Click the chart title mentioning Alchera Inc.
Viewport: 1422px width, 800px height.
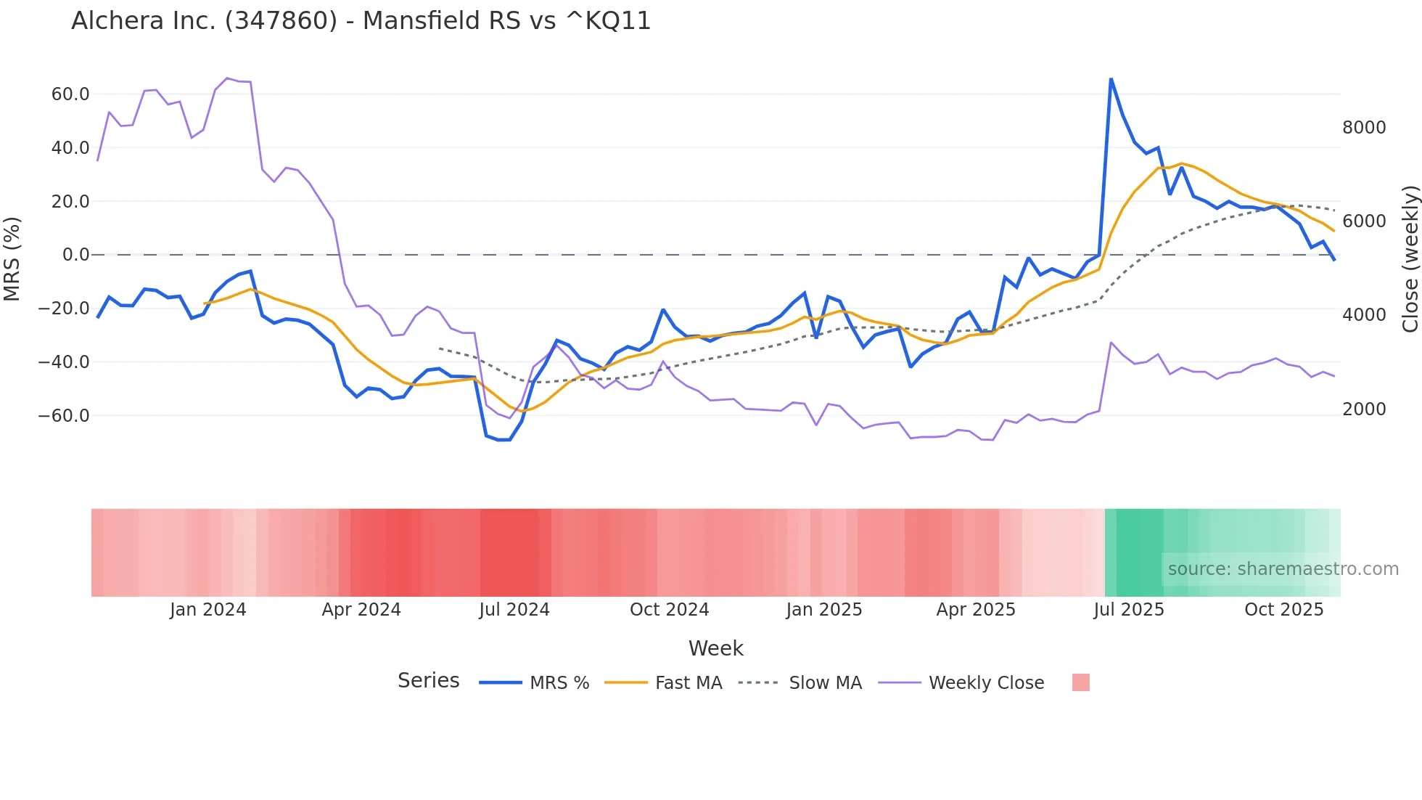(361, 21)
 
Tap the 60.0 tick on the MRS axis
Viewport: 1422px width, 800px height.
(70, 94)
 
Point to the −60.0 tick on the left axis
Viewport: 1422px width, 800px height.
(64, 416)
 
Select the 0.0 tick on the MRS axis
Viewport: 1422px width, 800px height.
(75, 255)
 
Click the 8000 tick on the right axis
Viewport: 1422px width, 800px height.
(1364, 128)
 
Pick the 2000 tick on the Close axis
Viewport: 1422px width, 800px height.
(1364, 409)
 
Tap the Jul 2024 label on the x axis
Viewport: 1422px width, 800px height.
(514, 610)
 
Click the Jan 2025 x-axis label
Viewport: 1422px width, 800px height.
(823, 610)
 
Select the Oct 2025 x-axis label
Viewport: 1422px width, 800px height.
(1283, 610)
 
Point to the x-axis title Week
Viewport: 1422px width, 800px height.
(715, 648)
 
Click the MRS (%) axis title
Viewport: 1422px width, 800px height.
(12, 258)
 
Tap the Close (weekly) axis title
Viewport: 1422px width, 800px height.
(1410, 258)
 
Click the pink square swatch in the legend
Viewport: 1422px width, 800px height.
(1080, 682)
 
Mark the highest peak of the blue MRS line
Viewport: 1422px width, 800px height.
(1111, 79)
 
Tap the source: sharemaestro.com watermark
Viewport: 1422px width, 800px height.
(1283, 569)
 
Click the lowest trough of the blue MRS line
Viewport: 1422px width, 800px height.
(504, 440)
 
